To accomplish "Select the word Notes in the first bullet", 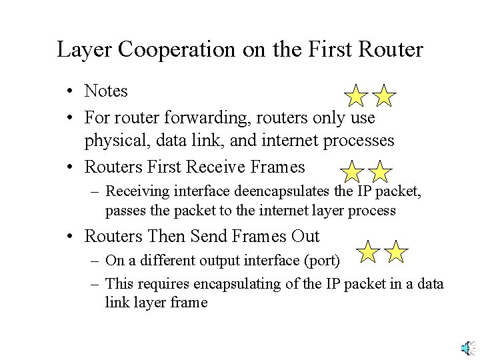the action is (x=106, y=90).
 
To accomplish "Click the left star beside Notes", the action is (x=357, y=96).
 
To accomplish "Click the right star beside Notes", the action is (x=383, y=96).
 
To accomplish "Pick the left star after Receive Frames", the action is (x=353, y=172).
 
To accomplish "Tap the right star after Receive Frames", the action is (x=379, y=172).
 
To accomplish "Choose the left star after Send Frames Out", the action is (x=368, y=252).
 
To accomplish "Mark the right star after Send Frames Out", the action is (x=395, y=252).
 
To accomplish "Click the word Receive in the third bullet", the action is (x=221, y=167).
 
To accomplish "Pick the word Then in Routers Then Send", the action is (x=165, y=237).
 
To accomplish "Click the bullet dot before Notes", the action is (x=70, y=91).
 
